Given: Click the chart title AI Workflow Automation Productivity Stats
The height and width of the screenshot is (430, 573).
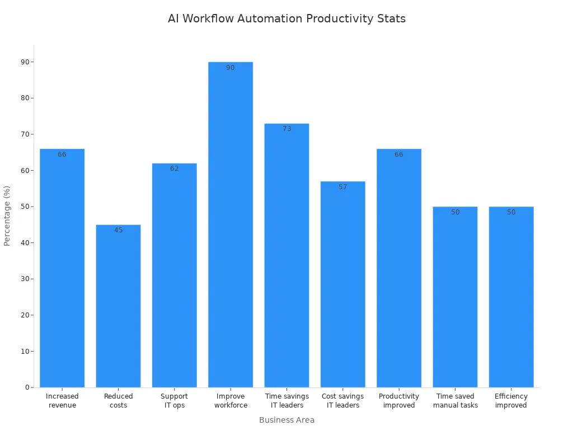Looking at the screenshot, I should tap(286, 18).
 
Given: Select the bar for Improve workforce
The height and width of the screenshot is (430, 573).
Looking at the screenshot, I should tap(231, 224).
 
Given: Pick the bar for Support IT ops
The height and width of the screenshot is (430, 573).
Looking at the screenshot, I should tap(175, 275).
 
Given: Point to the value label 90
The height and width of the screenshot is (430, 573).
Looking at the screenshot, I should tap(231, 68).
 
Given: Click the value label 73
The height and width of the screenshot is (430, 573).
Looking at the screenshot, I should tap(286, 129).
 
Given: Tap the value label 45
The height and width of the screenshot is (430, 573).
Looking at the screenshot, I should tap(118, 230).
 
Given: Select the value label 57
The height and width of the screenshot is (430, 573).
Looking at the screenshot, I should tap(342, 187).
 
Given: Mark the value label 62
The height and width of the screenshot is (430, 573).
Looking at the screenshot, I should tap(175, 169).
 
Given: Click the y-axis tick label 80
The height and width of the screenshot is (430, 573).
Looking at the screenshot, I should tap(25, 98).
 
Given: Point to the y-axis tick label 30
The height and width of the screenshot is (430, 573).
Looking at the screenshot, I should tap(25, 279).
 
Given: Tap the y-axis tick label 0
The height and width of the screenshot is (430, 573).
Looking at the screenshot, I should tap(27, 387).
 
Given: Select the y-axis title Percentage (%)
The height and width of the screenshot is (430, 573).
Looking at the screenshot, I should tap(7, 216).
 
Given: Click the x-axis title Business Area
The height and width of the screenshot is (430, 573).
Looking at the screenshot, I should tap(286, 420).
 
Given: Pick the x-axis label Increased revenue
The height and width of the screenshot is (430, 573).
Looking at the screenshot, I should tap(62, 401).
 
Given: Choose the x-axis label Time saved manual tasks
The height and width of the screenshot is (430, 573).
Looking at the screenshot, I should tap(455, 401).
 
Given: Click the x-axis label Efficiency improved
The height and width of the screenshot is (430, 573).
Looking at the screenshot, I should tap(511, 401).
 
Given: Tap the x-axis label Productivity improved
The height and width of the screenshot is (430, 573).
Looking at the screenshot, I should tap(398, 401).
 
